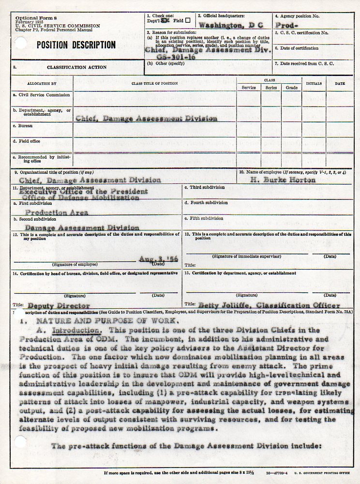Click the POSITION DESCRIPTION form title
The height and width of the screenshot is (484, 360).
pos(76,45)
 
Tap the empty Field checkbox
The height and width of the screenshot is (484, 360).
pos(188,20)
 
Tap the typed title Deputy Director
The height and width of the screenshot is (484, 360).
pos(59,305)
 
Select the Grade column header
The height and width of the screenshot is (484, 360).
pos(292,88)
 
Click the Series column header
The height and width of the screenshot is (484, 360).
pos(271,88)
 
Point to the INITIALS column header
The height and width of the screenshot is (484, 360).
pos(314,83)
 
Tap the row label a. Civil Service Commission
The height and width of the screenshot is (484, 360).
pos(42,95)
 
